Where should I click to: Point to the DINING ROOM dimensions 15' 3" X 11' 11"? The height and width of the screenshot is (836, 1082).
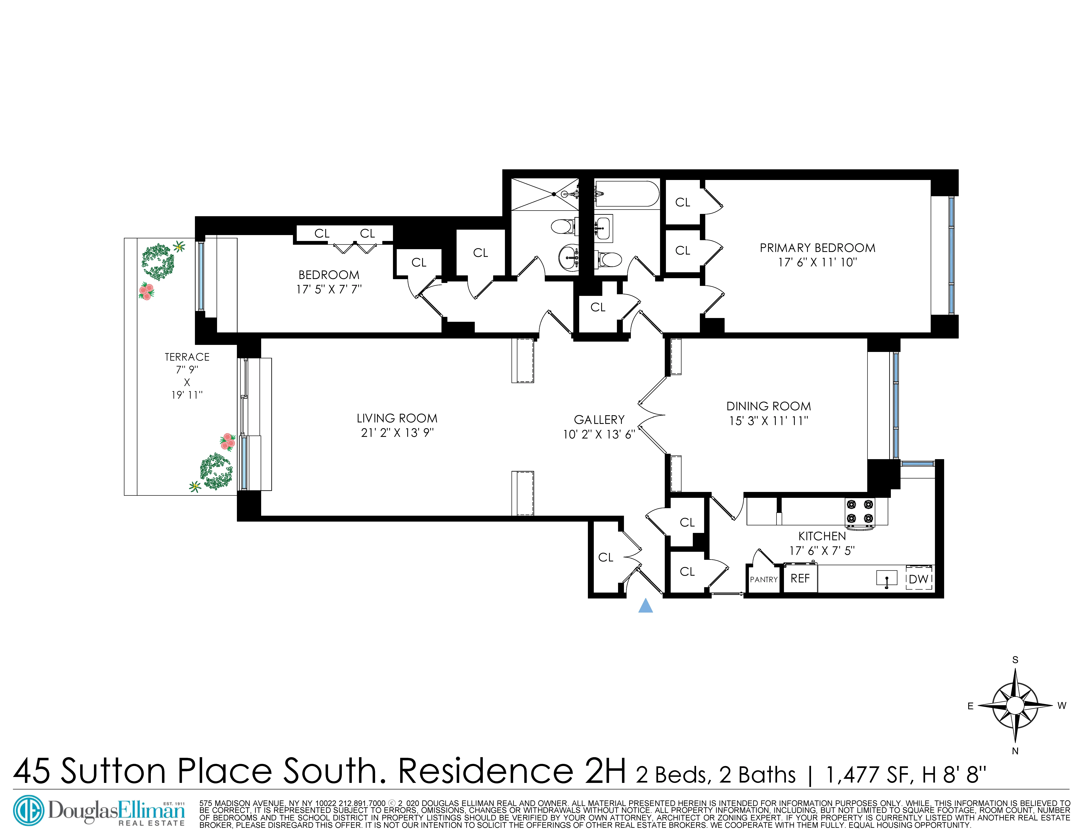click(768, 421)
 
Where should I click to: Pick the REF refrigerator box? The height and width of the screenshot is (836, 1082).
click(800, 578)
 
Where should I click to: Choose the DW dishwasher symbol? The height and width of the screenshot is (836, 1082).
click(919, 578)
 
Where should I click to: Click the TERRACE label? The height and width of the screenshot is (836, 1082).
click(187, 357)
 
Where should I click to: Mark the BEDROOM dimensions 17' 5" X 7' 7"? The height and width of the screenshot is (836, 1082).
click(329, 289)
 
